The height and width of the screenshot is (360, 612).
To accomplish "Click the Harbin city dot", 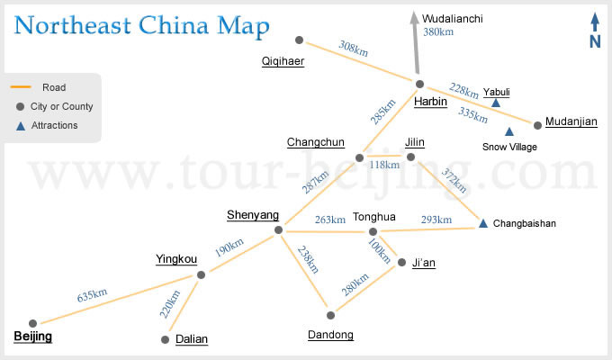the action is click(419, 84).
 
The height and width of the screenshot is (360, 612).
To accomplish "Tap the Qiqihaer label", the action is click(283, 61).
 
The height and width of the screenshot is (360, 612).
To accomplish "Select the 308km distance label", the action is click(353, 49).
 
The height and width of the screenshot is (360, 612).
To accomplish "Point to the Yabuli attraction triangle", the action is click(496, 103).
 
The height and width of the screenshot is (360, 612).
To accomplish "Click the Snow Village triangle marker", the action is click(509, 131).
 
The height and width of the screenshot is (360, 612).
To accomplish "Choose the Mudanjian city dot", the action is click(537, 125).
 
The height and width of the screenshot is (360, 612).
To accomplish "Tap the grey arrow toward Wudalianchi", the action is click(416, 42).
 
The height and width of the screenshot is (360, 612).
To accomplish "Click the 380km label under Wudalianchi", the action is click(438, 32).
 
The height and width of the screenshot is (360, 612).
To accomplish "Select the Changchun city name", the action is click(316, 142).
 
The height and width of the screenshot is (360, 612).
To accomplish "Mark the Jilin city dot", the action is click(410, 157).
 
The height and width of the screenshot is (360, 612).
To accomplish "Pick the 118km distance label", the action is click(384, 165).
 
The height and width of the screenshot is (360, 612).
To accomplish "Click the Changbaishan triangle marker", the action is click(483, 223).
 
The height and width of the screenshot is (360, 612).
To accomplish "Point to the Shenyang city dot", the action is click(278, 230).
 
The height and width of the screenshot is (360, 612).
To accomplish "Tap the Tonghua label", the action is click(373, 217).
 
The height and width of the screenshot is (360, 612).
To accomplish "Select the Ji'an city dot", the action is click(402, 262).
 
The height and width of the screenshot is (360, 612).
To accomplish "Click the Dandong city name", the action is click(330, 335).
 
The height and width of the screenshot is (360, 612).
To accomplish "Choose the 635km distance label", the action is click(92, 295).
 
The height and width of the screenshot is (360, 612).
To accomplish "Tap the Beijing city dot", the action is click(32, 323).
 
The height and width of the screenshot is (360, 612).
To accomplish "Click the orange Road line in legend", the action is click(21, 86).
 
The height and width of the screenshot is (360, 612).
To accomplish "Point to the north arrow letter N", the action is click(595, 41).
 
